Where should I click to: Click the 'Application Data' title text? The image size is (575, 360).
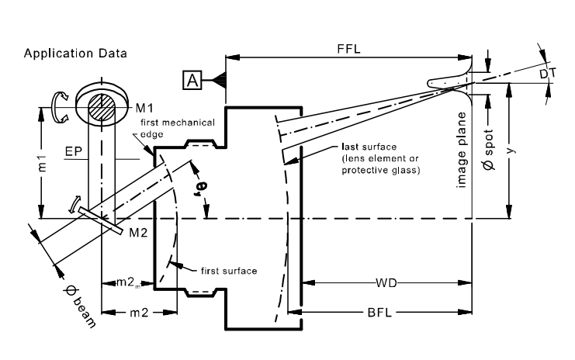[x=75, y=54]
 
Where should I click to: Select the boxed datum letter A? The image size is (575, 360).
[x=192, y=80]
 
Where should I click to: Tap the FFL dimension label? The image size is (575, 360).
[x=348, y=49]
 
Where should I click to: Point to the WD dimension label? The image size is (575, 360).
[x=386, y=283]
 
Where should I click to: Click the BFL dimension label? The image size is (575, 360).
[x=379, y=313]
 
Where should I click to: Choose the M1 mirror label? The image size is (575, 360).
[x=144, y=108]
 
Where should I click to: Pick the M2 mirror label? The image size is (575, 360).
[x=138, y=233]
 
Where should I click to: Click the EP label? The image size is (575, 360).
[x=74, y=151]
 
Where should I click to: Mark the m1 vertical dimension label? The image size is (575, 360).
[x=42, y=163]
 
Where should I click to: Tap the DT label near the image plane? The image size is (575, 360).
[x=548, y=74]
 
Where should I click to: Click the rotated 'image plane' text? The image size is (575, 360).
[x=462, y=150]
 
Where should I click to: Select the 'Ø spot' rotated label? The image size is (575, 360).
[x=489, y=150]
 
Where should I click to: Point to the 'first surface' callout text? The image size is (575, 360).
[x=229, y=271]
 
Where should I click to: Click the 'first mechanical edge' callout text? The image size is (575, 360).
[x=178, y=128]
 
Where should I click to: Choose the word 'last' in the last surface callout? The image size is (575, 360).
[x=350, y=147]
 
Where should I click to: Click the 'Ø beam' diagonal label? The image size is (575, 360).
[x=80, y=306]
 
